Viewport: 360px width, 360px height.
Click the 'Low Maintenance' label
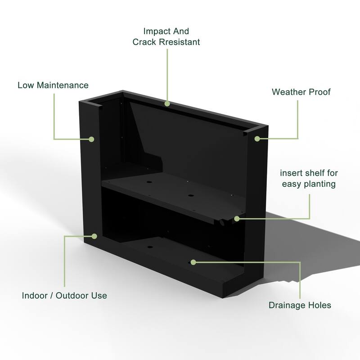[53, 85]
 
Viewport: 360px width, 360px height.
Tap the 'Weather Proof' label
[301, 92]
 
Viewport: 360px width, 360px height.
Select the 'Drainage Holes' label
[300, 305]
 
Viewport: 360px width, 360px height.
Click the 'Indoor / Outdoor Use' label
[64, 296]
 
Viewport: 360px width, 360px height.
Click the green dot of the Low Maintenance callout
[91, 139]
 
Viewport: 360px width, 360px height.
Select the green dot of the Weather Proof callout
[257, 139]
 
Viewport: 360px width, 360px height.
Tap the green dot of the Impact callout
[167, 103]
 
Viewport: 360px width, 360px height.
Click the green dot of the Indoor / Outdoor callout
[94, 235]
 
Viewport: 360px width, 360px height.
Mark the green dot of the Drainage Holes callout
[193, 261]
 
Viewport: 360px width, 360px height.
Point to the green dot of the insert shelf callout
[237, 219]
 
